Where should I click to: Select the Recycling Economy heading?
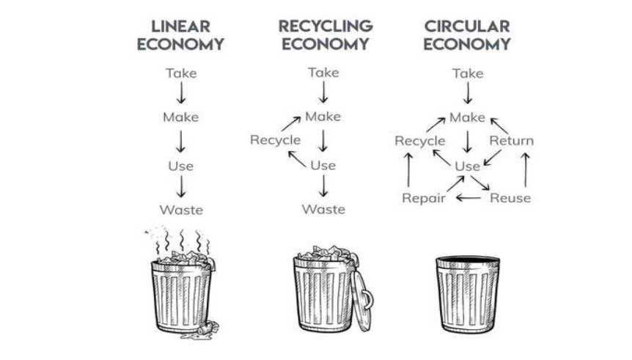(325, 35)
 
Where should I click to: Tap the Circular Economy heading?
(467, 35)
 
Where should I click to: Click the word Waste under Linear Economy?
(181, 210)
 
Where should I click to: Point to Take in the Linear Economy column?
(181, 73)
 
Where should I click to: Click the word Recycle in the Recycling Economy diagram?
(275, 139)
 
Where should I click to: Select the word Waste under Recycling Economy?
(323, 210)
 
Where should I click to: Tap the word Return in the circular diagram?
(511, 141)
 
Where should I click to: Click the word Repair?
(424, 198)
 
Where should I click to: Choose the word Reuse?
(510, 198)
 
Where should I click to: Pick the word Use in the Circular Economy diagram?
(467, 166)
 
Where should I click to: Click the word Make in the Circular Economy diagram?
(467, 117)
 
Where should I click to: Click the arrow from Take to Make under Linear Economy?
(181, 94)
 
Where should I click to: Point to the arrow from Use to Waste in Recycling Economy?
(323, 188)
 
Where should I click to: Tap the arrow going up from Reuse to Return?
(526, 169)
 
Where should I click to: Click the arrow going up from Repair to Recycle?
(409, 169)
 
